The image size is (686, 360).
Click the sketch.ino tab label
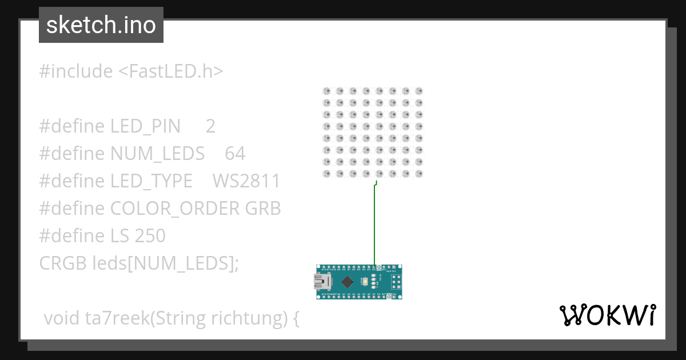click(x=101, y=25)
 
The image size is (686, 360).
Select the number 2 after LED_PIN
click(x=210, y=126)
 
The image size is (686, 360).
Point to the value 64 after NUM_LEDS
click(x=235, y=153)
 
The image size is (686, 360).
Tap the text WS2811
click(x=246, y=181)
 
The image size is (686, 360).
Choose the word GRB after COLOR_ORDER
click(x=263, y=208)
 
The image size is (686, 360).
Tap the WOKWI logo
click(x=607, y=315)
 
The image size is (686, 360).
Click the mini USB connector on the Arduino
click(x=321, y=281)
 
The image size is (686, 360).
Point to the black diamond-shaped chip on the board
click(x=347, y=281)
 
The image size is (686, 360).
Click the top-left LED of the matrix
click(x=327, y=91)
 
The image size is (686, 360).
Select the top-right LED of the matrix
click(x=418, y=91)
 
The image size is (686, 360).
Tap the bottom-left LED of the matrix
click(x=327, y=173)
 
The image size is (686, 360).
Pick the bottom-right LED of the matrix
click(x=418, y=173)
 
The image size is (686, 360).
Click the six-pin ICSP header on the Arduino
click(x=394, y=281)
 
